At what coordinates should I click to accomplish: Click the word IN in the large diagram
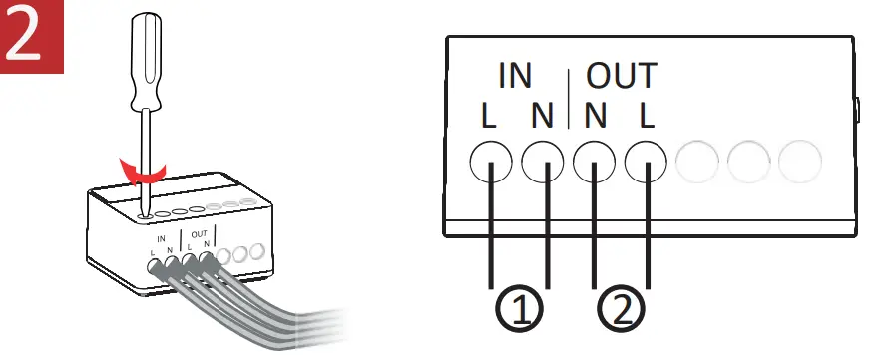point(514,78)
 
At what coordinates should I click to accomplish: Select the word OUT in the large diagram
point(621,78)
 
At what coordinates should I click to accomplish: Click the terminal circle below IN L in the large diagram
point(491,160)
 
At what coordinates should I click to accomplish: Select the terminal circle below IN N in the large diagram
point(543,160)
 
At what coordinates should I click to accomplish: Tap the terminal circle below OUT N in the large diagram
point(596,160)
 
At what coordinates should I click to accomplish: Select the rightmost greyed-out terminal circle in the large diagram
point(800,160)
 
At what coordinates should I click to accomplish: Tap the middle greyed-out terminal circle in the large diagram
point(749,160)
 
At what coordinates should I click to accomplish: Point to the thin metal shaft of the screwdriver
point(146,150)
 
